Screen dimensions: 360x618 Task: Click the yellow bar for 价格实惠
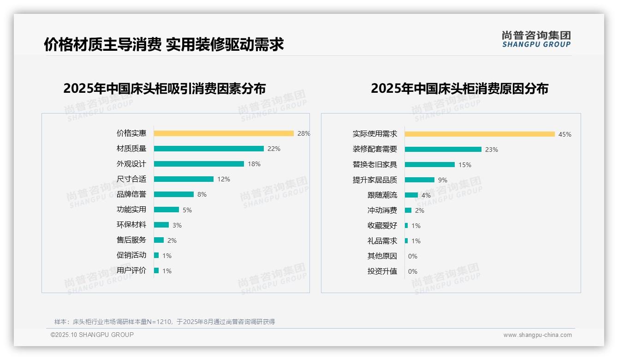click(224, 133)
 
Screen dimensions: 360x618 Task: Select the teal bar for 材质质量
click(208, 149)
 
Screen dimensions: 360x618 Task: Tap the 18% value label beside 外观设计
click(254, 164)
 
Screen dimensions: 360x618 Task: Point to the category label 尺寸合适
click(131, 179)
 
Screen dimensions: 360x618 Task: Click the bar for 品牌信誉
click(174, 194)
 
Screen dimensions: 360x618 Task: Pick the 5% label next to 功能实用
click(187, 210)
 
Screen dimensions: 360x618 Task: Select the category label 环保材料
click(131, 225)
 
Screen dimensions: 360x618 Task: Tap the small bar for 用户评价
click(156, 270)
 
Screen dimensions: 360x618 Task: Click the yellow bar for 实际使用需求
click(480, 134)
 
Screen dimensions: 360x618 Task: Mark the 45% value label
click(565, 134)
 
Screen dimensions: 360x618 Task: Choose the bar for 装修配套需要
click(443, 150)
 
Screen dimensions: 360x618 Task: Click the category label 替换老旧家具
click(375, 165)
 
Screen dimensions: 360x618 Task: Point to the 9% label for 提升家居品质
click(443, 180)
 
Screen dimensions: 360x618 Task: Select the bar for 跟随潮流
click(411, 195)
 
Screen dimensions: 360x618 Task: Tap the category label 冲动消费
click(382, 210)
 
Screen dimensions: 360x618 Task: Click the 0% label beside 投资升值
click(413, 271)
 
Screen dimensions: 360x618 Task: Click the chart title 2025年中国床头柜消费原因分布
click(459, 89)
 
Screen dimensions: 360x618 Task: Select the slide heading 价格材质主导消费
click(102, 44)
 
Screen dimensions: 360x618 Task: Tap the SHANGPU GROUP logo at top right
click(536, 39)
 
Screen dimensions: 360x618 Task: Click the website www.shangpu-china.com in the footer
click(537, 335)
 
